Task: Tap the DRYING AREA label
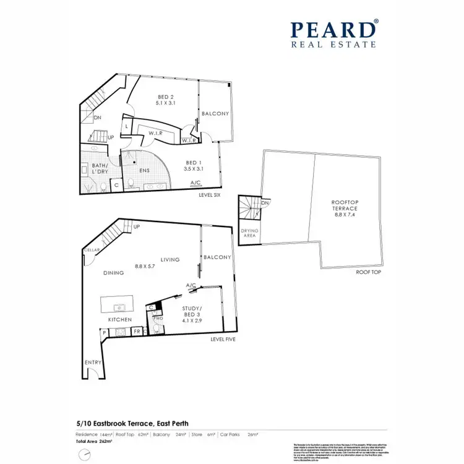(x=249, y=233)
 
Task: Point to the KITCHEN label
(x=120, y=319)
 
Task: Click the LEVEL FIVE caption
(x=223, y=339)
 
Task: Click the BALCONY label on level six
(x=215, y=114)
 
